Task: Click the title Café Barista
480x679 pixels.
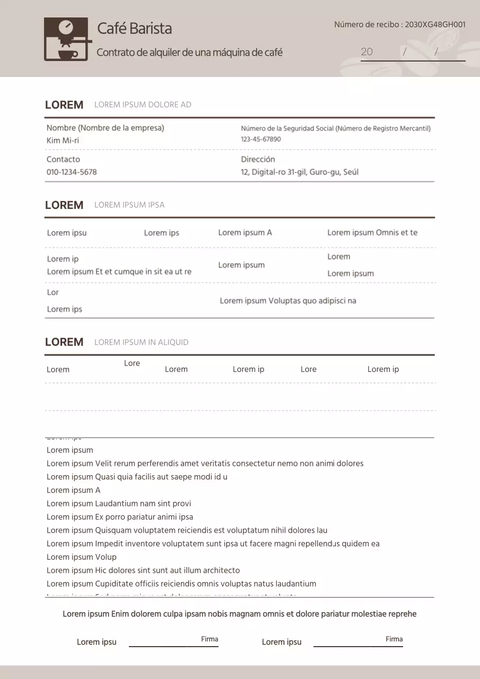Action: tap(134, 28)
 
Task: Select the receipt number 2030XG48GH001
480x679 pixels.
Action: tap(435, 24)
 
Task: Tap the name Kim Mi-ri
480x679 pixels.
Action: tap(63, 141)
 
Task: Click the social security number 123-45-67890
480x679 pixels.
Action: tap(261, 140)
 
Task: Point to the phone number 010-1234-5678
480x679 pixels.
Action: tap(72, 172)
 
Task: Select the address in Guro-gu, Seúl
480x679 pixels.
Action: tap(299, 172)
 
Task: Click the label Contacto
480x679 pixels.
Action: tap(63, 159)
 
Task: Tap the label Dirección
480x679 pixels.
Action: tap(258, 159)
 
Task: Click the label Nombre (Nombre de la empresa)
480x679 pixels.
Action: tap(105, 128)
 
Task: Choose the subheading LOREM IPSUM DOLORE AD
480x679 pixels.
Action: tap(143, 105)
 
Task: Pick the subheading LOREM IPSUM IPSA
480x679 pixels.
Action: tap(129, 205)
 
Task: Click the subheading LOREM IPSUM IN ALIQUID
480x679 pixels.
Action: tap(141, 342)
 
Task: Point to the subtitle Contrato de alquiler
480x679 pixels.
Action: tap(189, 53)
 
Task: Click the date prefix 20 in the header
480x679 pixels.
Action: tap(366, 52)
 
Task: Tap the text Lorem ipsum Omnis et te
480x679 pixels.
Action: tap(372, 232)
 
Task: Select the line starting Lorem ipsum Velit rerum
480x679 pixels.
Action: tap(205, 464)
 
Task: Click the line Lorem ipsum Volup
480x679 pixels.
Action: tap(81, 557)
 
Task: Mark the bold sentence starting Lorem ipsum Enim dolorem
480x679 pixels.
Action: tap(239, 614)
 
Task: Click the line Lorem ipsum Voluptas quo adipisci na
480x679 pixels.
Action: tap(287, 301)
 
